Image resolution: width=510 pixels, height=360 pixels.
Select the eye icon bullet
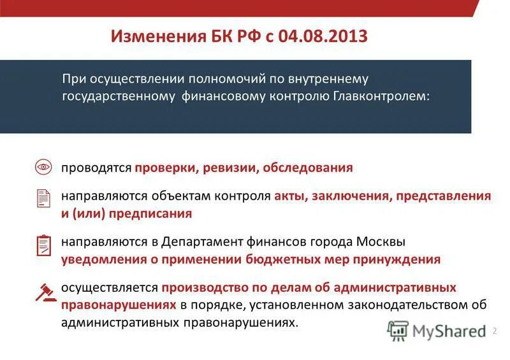coord(43,168)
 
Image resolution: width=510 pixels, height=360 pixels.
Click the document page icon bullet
coord(43,198)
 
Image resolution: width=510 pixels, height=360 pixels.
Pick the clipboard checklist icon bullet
coord(43,245)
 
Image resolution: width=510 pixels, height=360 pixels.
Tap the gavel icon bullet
coord(43,291)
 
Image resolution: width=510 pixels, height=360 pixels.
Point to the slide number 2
coord(494,331)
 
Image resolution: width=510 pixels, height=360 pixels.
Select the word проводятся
coord(96,168)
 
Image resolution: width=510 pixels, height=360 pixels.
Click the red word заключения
coord(351,196)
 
